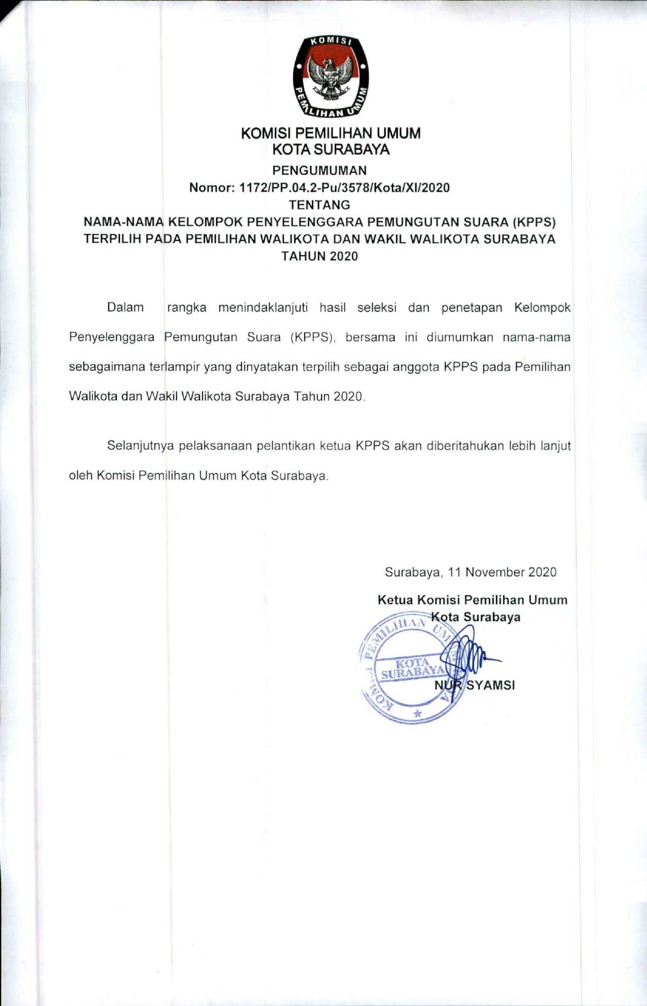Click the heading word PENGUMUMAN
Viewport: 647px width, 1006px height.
click(319, 170)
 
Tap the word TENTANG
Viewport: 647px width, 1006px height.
click(319, 205)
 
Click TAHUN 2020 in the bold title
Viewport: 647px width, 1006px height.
click(319, 256)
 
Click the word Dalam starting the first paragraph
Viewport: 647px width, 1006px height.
click(125, 308)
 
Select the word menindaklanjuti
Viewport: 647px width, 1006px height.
click(263, 308)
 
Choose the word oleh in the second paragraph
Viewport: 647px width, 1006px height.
click(80, 475)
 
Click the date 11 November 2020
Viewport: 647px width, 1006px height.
click(502, 572)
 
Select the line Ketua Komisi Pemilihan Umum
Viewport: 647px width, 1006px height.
click(472, 600)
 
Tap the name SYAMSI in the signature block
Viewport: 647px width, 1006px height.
click(490, 685)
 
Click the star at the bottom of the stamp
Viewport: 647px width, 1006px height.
click(417, 714)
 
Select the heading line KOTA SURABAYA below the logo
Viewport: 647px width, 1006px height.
click(330, 150)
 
